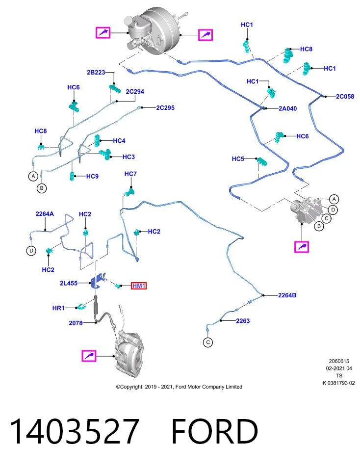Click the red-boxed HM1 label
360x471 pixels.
click(x=139, y=286)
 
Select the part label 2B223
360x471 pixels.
click(x=96, y=73)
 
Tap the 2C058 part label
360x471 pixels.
click(x=345, y=97)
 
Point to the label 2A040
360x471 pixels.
click(x=287, y=108)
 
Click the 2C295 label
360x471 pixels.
click(x=165, y=107)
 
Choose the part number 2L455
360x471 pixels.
click(x=69, y=283)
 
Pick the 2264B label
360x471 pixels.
click(x=287, y=295)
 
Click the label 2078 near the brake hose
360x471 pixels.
click(x=76, y=323)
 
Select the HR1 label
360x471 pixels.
click(x=58, y=308)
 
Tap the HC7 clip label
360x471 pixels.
click(x=130, y=174)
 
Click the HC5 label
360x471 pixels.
click(x=238, y=158)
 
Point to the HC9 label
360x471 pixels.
click(x=92, y=176)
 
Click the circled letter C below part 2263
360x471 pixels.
click(x=208, y=342)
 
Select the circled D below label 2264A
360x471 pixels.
click(x=31, y=251)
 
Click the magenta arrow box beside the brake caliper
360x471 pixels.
click(x=89, y=356)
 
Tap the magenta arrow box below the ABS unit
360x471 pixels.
click(x=302, y=247)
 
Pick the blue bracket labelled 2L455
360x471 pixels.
click(x=98, y=280)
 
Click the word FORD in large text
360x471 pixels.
click(x=214, y=431)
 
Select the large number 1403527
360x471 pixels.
click(x=75, y=431)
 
